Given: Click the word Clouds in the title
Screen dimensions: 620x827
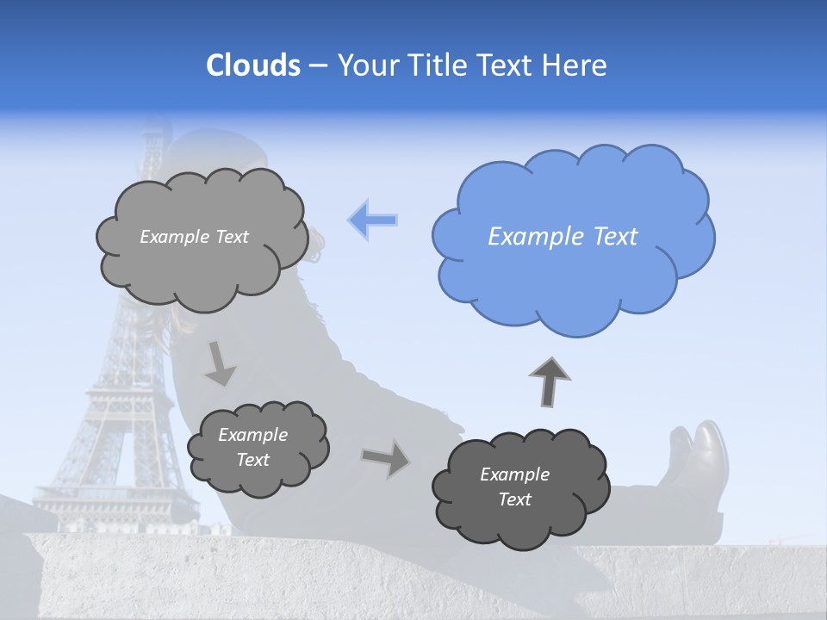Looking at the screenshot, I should point(252,65).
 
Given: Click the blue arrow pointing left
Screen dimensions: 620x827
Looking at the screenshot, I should point(373,220).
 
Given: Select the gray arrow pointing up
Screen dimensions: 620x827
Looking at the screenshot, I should point(550,381).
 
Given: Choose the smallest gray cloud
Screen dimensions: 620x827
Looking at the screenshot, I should point(258,449).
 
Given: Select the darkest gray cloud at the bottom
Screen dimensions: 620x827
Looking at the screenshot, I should point(520,488).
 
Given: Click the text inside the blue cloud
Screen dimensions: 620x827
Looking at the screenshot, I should point(563,237).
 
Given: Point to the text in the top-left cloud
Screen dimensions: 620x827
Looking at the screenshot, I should point(194,237).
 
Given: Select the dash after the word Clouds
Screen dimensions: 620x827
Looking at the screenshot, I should point(317,66).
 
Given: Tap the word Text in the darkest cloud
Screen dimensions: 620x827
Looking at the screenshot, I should point(514,499).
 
